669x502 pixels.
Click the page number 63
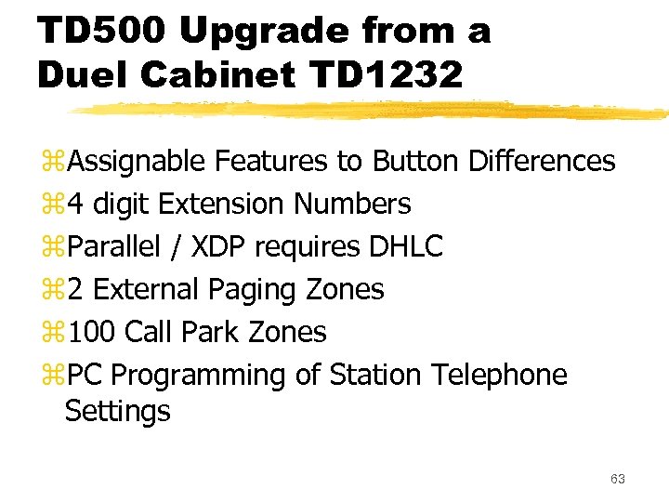coord(618,479)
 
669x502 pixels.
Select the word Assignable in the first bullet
coord(137,162)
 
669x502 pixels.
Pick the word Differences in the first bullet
coord(542,161)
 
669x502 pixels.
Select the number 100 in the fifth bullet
coord(91,332)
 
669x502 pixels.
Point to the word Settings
coord(118,411)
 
